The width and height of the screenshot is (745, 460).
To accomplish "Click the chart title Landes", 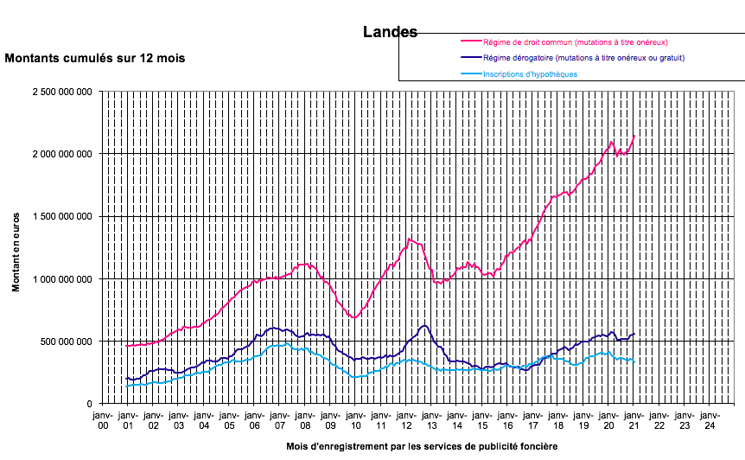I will pyautogui.click(x=390, y=32).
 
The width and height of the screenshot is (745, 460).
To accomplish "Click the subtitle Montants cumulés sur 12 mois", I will pyautogui.click(x=95, y=59).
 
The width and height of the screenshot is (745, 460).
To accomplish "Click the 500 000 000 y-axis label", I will pyautogui.click(x=66, y=342).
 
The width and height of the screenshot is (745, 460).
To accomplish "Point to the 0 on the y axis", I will pyautogui.click(x=90, y=404).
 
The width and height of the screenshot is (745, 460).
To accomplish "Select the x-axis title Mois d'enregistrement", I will pyautogui.click(x=417, y=447).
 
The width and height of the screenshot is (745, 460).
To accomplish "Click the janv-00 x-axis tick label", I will pyautogui.click(x=102, y=419).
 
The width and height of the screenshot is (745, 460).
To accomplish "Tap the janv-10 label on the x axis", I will pyautogui.click(x=354, y=419).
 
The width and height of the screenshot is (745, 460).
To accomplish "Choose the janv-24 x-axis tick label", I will pyautogui.click(x=709, y=419).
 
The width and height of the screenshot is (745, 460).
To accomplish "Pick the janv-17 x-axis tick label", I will pyautogui.click(x=532, y=419).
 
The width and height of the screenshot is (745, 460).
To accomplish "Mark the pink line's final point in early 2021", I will pyautogui.click(x=634, y=135).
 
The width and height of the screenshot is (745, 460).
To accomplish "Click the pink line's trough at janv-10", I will pyautogui.click(x=354, y=317).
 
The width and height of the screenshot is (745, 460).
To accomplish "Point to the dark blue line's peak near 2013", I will pyautogui.click(x=424, y=326).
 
